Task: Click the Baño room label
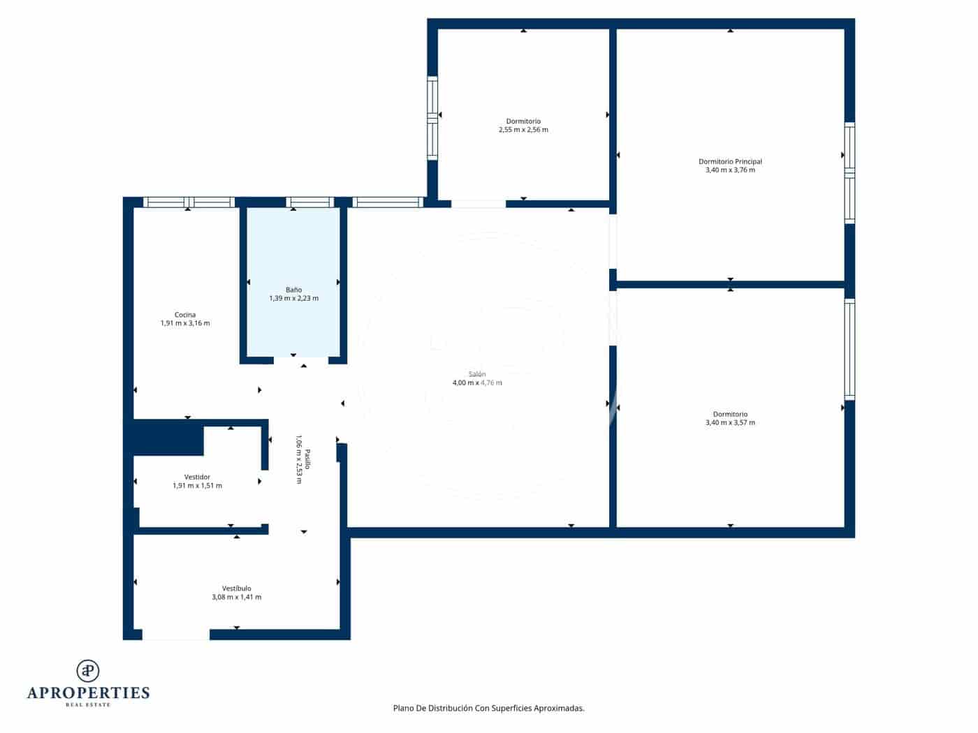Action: [x=293, y=290]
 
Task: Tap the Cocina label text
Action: [x=185, y=315]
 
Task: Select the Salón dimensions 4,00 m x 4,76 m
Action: [x=477, y=383]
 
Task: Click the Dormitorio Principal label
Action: [x=730, y=161]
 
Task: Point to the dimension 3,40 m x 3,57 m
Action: [x=730, y=422]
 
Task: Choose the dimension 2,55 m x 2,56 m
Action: [x=523, y=130]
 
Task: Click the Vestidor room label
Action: [x=197, y=477]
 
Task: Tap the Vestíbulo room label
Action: [x=236, y=588]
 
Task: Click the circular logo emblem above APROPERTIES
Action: [x=88, y=671]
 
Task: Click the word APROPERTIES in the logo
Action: [x=88, y=693]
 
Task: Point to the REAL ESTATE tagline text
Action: [x=88, y=705]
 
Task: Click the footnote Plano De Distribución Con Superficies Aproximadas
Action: [x=488, y=708]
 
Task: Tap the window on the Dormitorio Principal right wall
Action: [x=849, y=172]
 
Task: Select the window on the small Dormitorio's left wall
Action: [x=432, y=118]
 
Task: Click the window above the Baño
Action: [x=309, y=202]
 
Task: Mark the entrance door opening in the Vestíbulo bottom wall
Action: [x=175, y=635]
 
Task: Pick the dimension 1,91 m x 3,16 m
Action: [x=185, y=323]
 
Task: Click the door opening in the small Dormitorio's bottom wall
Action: [x=478, y=204]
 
